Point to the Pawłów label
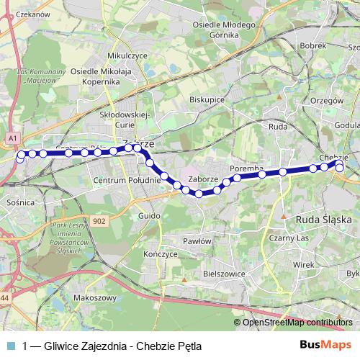(196, 242)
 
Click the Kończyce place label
(160, 254)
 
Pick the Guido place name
(148, 216)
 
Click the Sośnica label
(20, 203)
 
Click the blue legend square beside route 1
(9, 346)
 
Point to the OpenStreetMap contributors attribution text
(297, 323)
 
